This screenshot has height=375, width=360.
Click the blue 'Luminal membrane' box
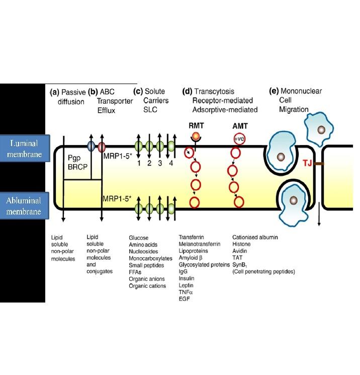click(x=24, y=148)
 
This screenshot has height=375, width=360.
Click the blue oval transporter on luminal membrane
click(x=91, y=146)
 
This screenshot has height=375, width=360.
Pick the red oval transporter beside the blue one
click(x=101, y=146)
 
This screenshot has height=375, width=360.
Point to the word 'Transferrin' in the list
click(x=192, y=236)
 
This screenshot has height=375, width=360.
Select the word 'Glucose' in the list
click(x=139, y=236)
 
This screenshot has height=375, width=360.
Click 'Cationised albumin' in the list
click(x=255, y=236)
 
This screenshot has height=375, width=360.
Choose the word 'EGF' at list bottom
click(x=185, y=299)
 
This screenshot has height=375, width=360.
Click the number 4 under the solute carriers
click(x=172, y=164)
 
